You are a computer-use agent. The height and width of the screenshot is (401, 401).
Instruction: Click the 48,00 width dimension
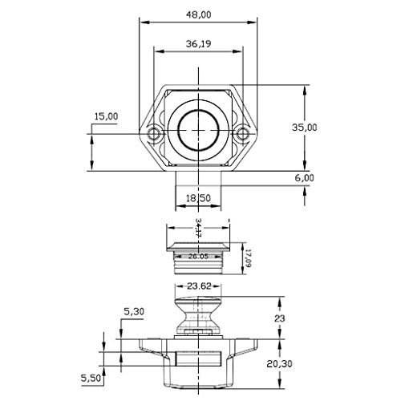[199, 14]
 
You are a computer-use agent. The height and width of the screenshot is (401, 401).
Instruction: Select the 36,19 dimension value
[199, 43]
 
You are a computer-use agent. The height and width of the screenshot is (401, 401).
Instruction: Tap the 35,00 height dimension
[305, 128]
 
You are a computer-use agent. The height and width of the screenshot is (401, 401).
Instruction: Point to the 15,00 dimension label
[106, 116]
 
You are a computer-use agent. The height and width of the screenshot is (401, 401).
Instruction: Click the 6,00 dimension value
[305, 178]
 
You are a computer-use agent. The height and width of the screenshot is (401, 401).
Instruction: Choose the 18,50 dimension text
[198, 198]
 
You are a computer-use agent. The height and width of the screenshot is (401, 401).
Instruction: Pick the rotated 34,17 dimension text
[198, 228]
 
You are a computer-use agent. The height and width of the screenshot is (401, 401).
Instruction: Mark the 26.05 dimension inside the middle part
[198, 257]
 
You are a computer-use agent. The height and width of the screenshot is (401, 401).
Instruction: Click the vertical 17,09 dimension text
[249, 258]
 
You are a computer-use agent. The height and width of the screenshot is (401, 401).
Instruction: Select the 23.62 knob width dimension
[199, 286]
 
